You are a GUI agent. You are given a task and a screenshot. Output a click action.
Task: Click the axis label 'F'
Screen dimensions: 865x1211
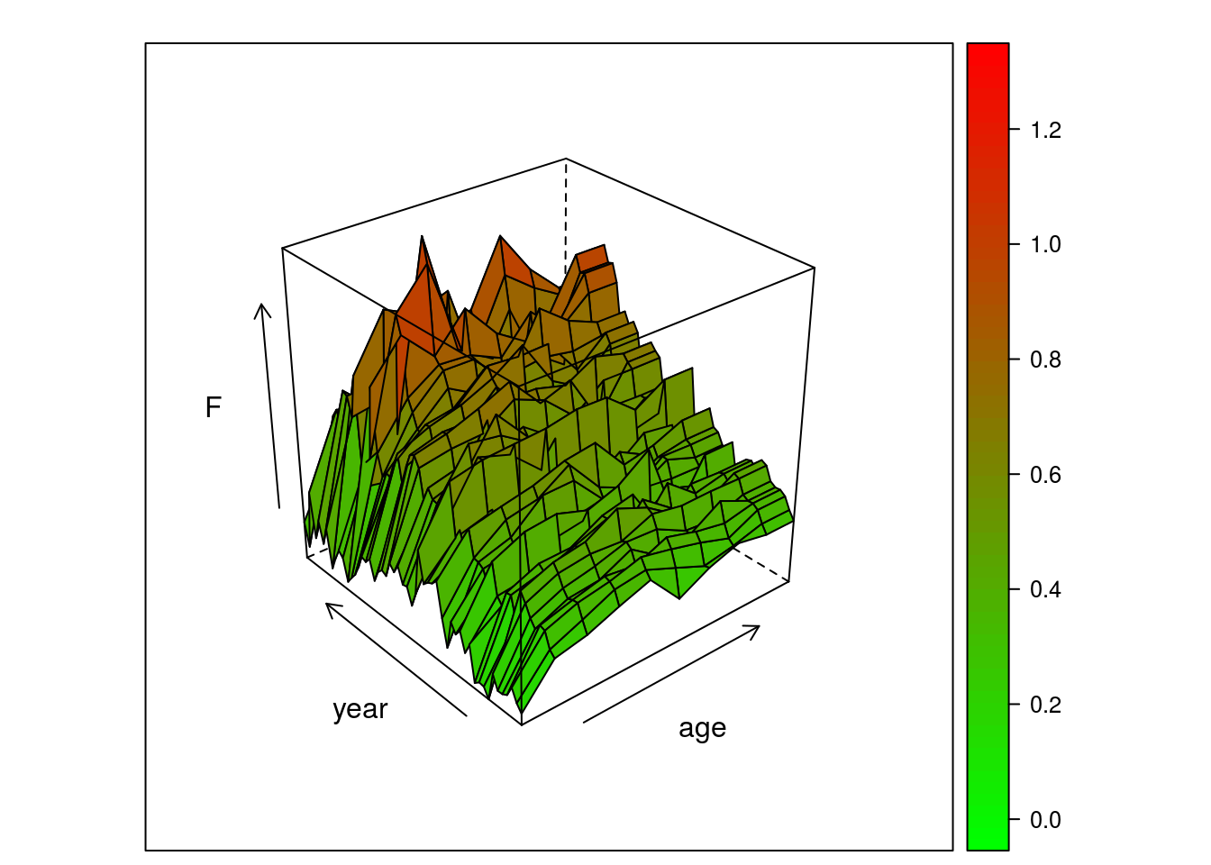[213, 408]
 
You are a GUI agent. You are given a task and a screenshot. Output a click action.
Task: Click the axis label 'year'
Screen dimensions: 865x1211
[360, 709]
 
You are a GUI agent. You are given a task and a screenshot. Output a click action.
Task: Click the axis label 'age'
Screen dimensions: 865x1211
[702, 728]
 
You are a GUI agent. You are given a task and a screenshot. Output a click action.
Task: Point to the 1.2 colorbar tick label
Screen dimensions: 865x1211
[1045, 131]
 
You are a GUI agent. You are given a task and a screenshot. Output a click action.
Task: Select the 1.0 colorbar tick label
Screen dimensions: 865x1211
[1045, 245]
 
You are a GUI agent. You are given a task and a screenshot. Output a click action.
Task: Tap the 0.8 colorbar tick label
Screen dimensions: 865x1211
[1045, 360]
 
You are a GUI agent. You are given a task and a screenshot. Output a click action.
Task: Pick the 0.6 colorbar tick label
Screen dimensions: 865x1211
[1045, 475]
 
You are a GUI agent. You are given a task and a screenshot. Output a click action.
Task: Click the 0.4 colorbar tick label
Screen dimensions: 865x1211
[1045, 590]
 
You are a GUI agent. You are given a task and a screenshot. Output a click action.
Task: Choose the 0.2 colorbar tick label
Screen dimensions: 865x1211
[1045, 705]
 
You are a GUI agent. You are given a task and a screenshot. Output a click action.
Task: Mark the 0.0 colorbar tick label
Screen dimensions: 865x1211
[1045, 820]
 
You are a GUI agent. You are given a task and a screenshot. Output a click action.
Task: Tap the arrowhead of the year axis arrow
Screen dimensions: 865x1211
[328, 605]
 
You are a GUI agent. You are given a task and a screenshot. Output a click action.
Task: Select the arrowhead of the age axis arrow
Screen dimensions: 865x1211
[757, 627]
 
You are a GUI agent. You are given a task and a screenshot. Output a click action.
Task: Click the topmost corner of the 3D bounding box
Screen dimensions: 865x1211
[566, 159]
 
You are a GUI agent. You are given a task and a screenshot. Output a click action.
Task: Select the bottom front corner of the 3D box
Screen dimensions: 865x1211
[522, 724]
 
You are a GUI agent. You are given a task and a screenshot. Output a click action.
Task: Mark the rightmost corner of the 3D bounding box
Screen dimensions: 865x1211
[815, 268]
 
